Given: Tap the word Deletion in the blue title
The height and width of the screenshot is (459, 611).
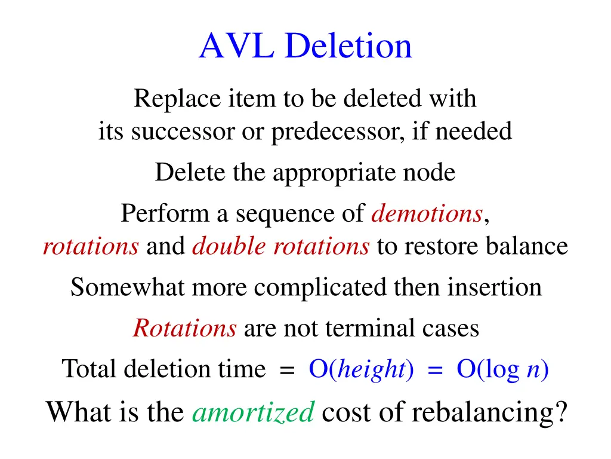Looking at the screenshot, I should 348,46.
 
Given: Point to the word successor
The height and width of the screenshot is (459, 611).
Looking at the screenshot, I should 183,131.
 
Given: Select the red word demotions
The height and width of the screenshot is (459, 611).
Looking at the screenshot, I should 427,213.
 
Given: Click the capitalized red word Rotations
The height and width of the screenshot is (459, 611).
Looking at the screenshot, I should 184,328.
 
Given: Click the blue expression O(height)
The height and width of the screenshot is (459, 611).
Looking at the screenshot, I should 361,369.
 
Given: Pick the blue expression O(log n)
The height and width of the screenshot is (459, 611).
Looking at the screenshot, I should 502,369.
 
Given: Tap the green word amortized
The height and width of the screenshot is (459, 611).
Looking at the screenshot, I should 253,411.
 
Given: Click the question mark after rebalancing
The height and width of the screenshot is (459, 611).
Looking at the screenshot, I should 558,411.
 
